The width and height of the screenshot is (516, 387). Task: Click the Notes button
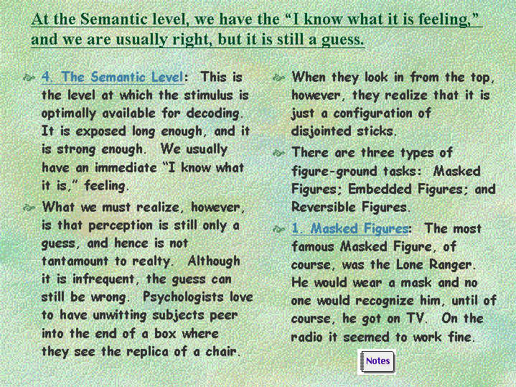coord(377,362)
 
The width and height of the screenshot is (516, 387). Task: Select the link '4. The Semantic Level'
coord(113,77)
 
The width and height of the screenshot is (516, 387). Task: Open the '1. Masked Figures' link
coord(350,228)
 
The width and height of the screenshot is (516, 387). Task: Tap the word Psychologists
coord(183,297)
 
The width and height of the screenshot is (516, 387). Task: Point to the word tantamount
coord(75,261)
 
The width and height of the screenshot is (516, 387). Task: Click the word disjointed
coord(322,131)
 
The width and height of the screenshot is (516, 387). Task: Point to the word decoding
coord(214,113)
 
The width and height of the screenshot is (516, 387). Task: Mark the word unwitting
coord(119,315)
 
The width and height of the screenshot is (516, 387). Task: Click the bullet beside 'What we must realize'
coord(29,208)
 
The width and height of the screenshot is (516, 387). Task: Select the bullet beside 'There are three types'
coord(278,153)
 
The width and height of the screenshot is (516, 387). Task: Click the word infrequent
coord(103,279)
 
